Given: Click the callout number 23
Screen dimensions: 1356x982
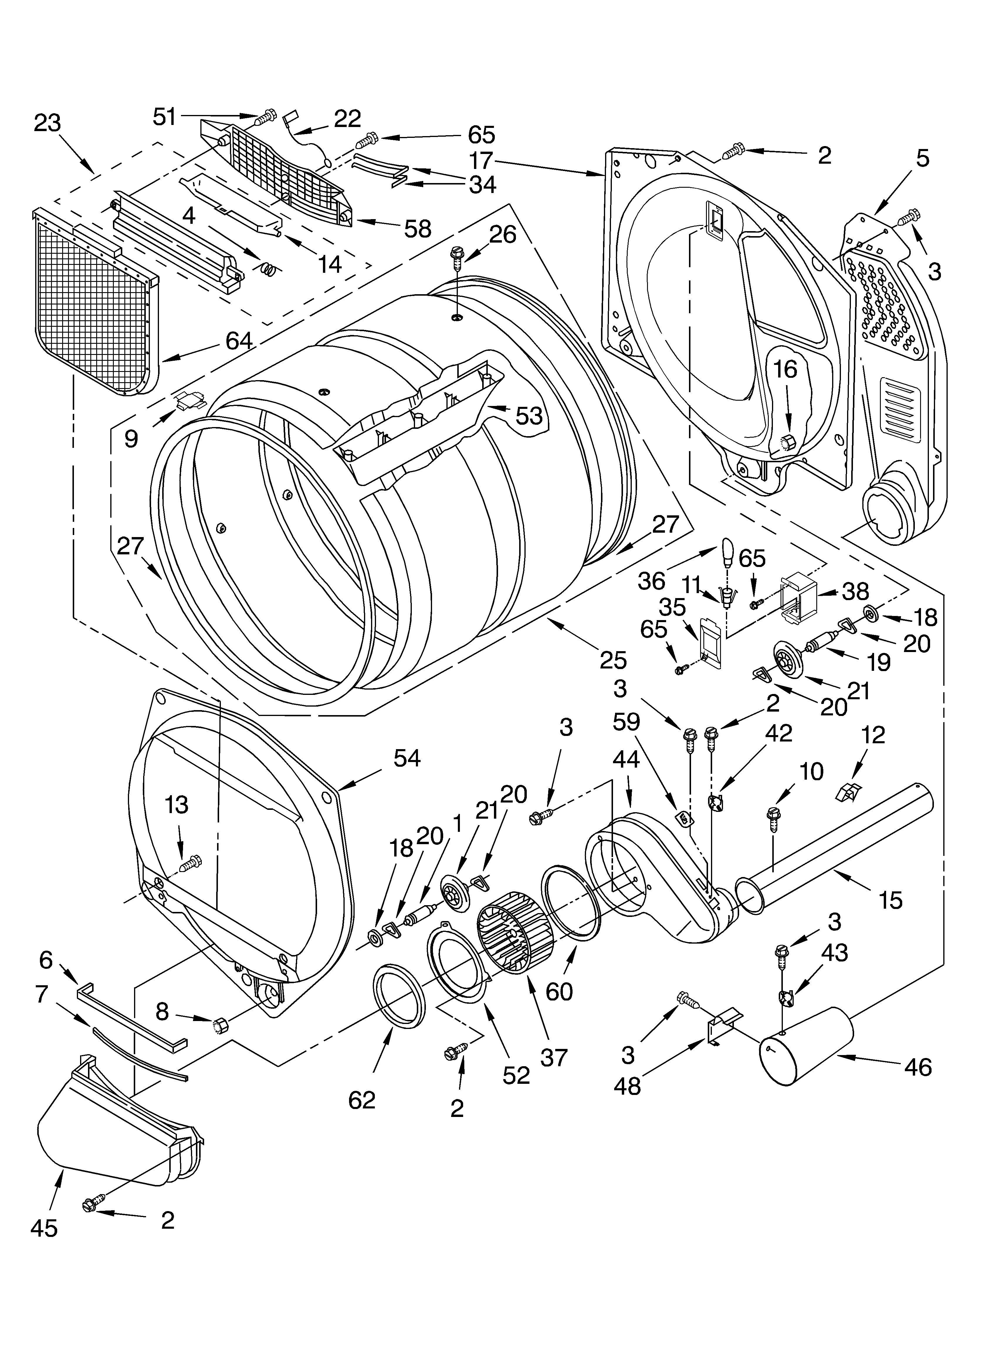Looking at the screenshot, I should pos(47,123).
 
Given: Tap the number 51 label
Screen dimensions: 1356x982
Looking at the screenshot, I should pos(165,116).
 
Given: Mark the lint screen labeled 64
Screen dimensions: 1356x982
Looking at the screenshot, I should pos(96,305).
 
